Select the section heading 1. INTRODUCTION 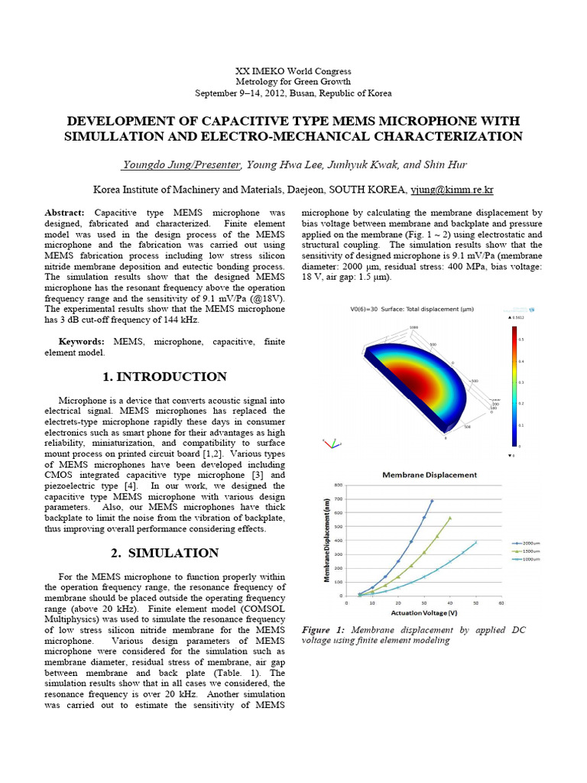pyautogui.click(x=164, y=376)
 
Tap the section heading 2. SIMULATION pyautogui.click(x=164, y=553)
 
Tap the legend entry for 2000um pyautogui.click(x=524, y=541)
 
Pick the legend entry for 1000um pyautogui.click(x=524, y=559)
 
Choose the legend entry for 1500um pyautogui.click(x=524, y=551)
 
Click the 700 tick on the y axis pyautogui.click(x=339, y=499)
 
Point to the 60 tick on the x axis pyautogui.click(x=501, y=603)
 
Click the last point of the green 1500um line pyautogui.click(x=449, y=518)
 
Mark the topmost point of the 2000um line pyautogui.click(x=431, y=501)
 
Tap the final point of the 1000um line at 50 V pyautogui.click(x=475, y=543)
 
